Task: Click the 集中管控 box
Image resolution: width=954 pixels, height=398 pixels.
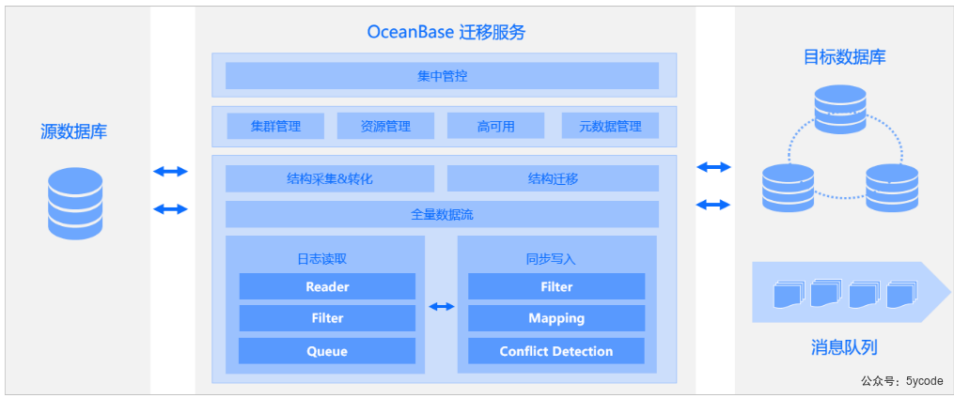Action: pos(442,76)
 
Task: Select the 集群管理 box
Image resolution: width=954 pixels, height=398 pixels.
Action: pos(275,126)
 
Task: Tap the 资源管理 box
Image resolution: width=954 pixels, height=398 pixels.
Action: pos(385,126)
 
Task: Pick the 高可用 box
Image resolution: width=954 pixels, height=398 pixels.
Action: pos(495,126)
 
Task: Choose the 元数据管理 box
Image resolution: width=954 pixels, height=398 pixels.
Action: pos(610,126)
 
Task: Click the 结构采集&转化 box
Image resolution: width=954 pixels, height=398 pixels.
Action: pos(330,178)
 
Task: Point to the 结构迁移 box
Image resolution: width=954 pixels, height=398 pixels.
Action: pos(553,178)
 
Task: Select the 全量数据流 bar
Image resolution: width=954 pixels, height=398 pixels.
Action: pos(442,214)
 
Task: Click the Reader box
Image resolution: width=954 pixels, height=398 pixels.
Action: pos(327,286)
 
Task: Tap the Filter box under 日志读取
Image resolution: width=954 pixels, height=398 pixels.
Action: pos(327,318)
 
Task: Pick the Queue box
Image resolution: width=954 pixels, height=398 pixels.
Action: pos(327,351)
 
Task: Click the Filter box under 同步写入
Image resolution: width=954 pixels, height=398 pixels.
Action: pos(556,286)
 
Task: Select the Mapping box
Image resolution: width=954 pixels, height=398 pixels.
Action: pos(556,318)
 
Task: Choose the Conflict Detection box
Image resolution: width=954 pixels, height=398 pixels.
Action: pos(556,351)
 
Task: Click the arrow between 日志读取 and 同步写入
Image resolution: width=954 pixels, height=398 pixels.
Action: pos(441,306)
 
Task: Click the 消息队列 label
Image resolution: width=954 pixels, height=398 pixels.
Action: pos(843,347)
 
